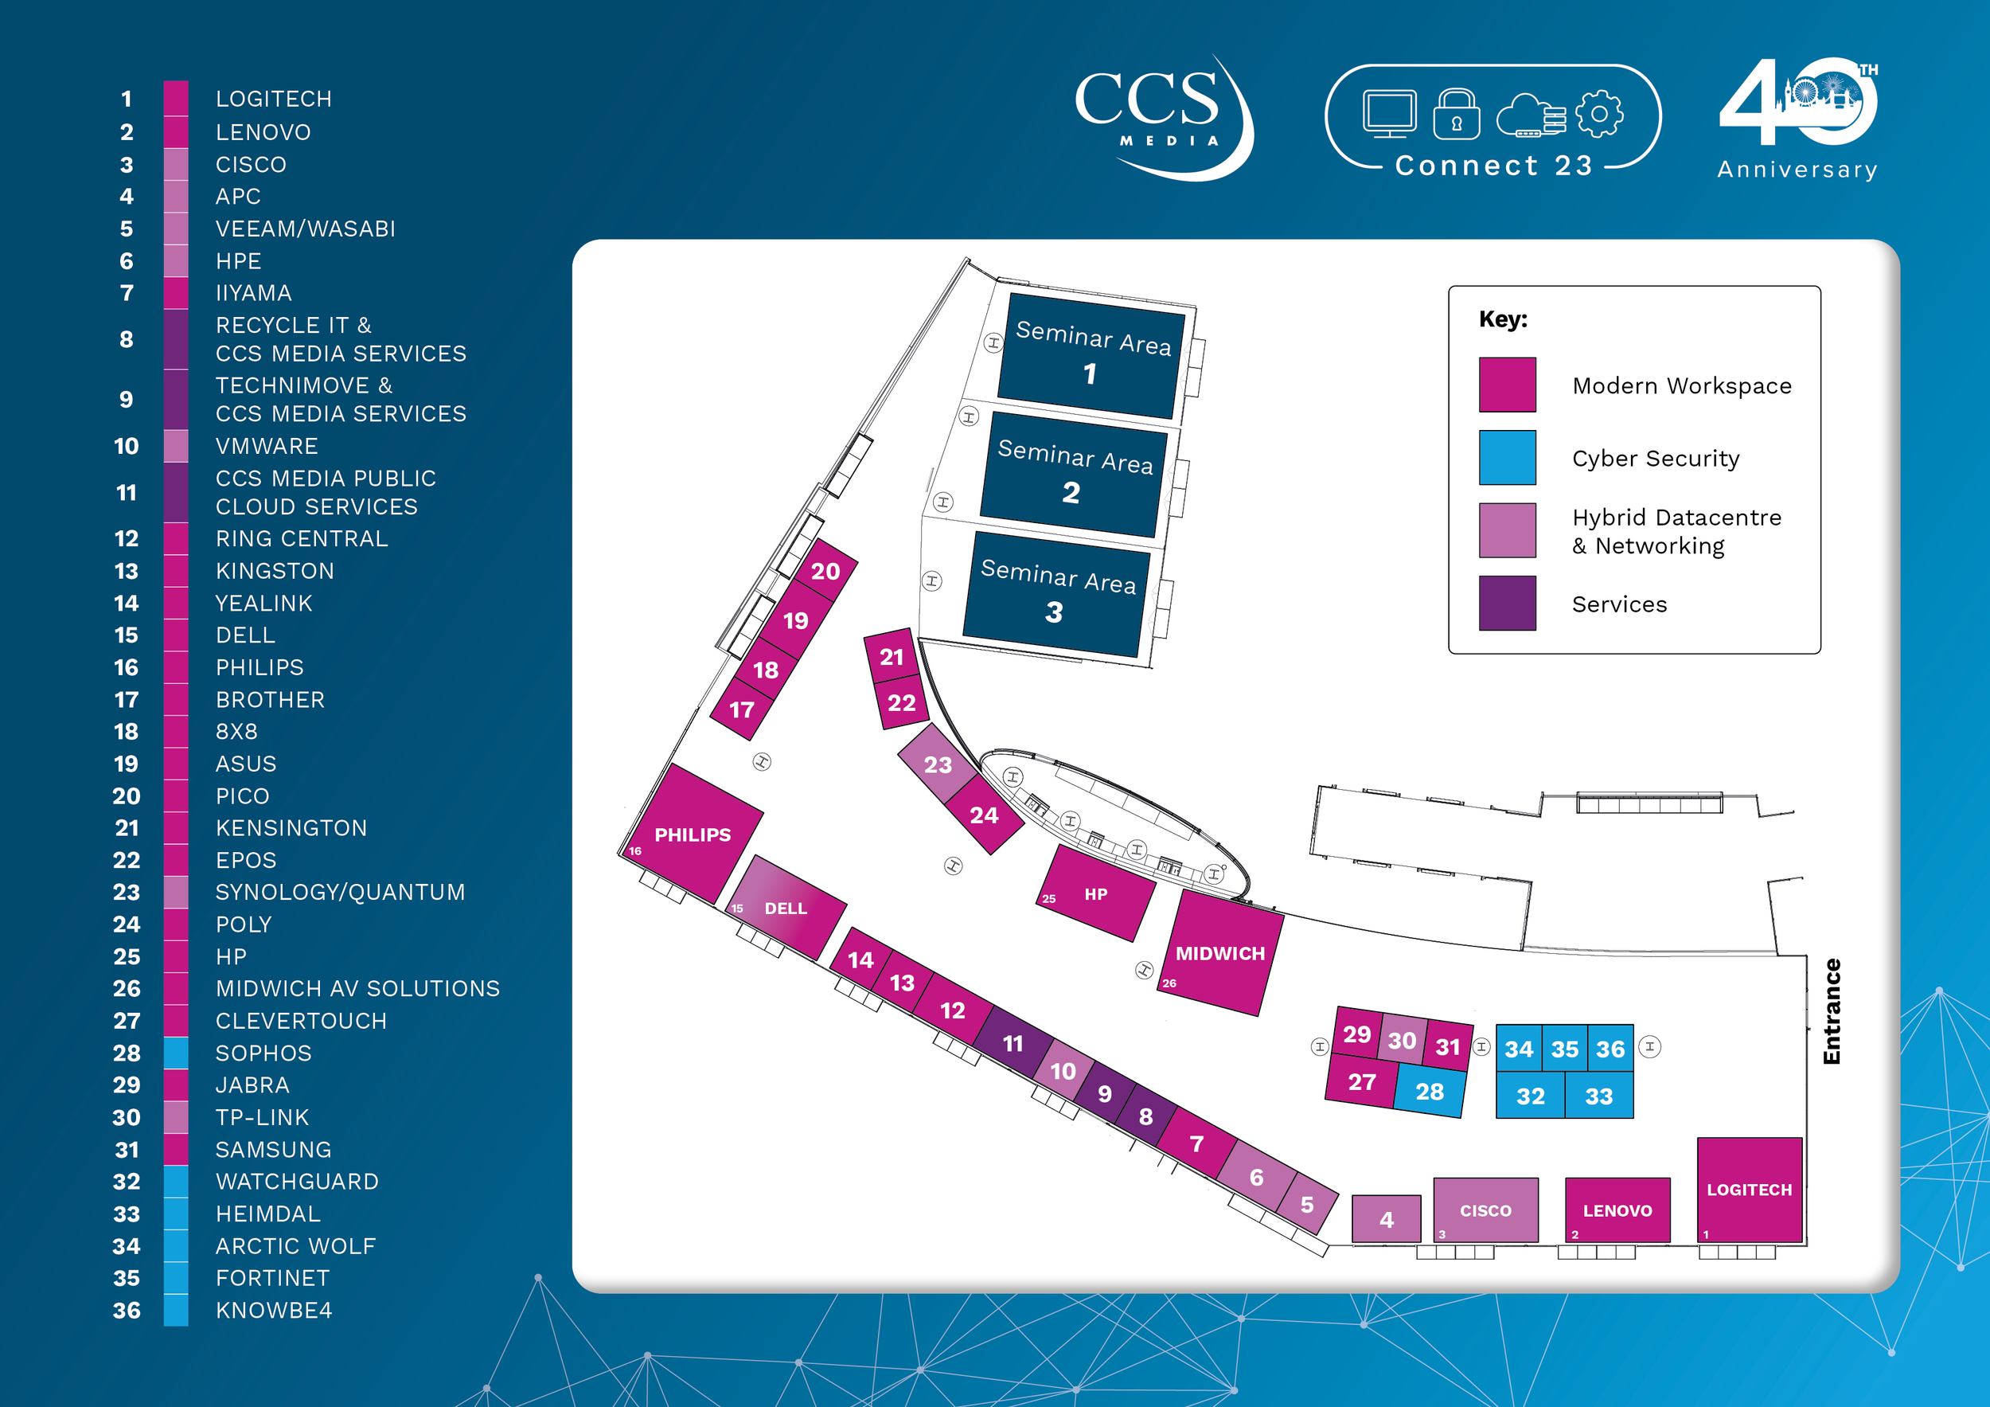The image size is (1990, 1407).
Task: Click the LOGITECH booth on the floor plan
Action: [x=1748, y=1190]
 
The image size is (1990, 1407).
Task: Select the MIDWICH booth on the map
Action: [x=1219, y=954]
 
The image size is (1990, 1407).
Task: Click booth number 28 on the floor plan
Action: [x=1430, y=1092]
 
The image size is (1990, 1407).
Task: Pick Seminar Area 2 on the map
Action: [x=1073, y=472]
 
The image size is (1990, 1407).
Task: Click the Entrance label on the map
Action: [x=1831, y=1010]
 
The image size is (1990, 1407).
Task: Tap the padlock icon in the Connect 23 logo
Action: [x=1456, y=115]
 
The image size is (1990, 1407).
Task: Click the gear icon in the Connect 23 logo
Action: [x=1598, y=114]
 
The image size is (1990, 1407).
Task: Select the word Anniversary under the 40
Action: [x=1797, y=169]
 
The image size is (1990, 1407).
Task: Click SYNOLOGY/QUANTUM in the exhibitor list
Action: [x=340, y=892]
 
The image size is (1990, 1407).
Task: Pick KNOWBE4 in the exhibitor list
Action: [x=274, y=1310]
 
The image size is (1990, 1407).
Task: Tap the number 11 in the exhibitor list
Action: [x=127, y=492]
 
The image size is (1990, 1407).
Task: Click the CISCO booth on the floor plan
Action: [x=1485, y=1210]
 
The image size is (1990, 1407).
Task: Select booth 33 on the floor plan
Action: [x=1598, y=1096]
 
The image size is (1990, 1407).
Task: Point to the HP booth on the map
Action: [x=1095, y=893]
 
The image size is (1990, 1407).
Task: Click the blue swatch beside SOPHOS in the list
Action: [x=176, y=1053]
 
